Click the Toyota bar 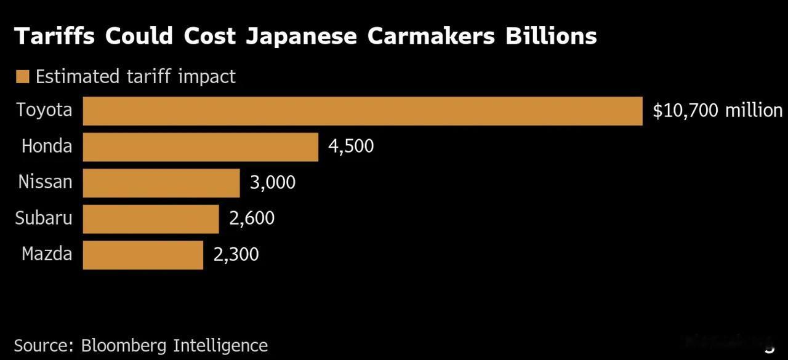[x=363, y=111]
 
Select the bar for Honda [x=201, y=147]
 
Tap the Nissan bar [x=161, y=183]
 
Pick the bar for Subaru [x=151, y=219]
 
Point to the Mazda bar [x=143, y=255]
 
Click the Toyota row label [x=44, y=110]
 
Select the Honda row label [x=47, y=146]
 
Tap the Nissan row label [x=45, y=182]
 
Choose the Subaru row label [x=44, y=218]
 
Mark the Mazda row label [x=47, y=254]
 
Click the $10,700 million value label [x=718, y=111]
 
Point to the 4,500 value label [x=351, y=146]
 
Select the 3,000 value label [x=273, y=182]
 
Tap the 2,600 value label [x=252, y=218]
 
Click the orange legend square [x=23, y=77]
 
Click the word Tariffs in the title [x=55, y=36]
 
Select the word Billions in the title [x=551, y=36]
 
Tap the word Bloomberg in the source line [x=124, y=346]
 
